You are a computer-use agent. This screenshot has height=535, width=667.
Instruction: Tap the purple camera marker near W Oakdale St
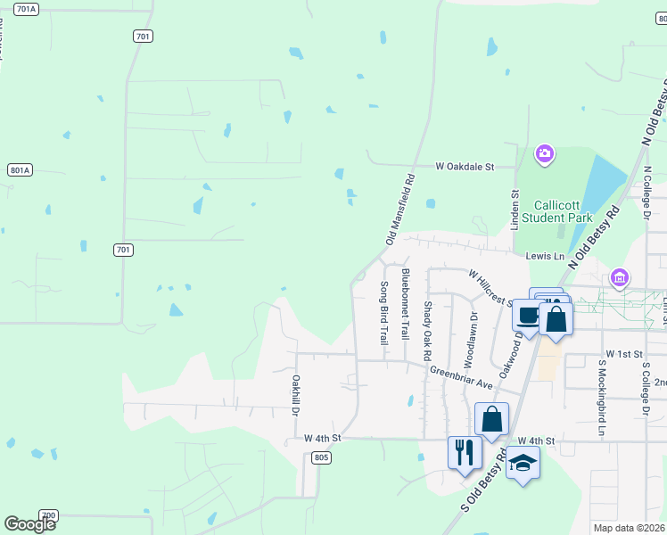pyautogui.click(x=544, y=155)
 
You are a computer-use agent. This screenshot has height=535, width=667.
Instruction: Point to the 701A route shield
pyautogui.click(x=27, y=9)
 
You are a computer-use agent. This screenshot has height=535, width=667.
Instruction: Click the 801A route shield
pyautogui.click(x=19, y=169)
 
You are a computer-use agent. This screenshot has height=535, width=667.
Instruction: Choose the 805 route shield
pyautogui.click(x=322, y=457)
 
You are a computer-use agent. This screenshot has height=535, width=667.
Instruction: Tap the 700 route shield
pyautogui.click(x=49, y=515)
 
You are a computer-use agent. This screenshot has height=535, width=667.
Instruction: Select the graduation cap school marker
pyautogui.click(x=523, y=463)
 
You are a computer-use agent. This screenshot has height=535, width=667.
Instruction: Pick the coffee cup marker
pyautogui.click(x=529, y=315)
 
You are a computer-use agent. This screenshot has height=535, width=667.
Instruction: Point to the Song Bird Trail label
pyautogui.click(x=384, y=313)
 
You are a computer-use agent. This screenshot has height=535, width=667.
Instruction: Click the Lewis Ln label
pyautogui.click(x=545, y=257)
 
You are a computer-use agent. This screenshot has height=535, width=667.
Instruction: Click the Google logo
pyautogui.click(x=29, y=524)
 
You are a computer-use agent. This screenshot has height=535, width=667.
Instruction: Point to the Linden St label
pyautogui.click(x=515, y=210)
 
